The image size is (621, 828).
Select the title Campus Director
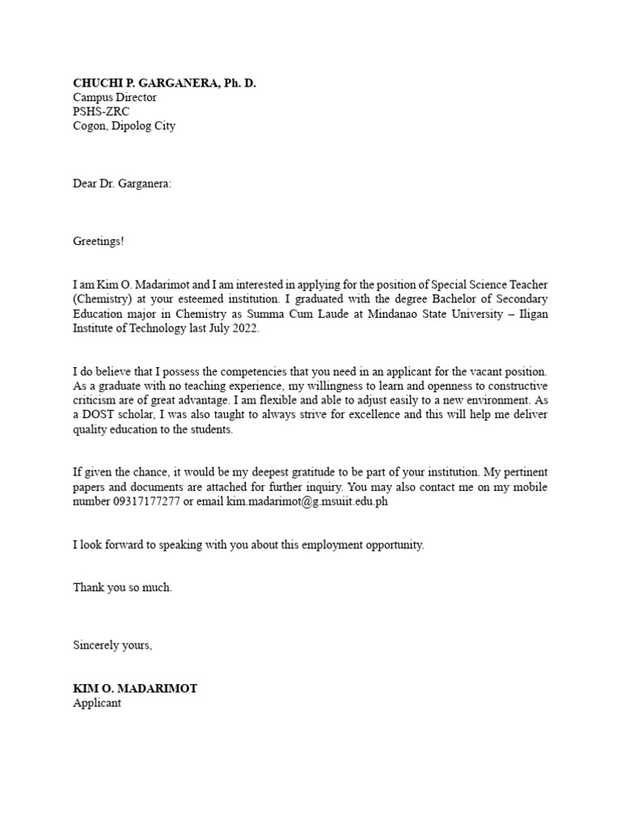click(115, 97)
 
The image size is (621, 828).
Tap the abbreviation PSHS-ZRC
click(101, 112)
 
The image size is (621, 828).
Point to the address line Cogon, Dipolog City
click(124, 126)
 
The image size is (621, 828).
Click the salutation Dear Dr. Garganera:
click(122, 184)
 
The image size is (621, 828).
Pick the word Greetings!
click(99, 241)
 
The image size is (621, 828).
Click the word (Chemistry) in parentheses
click(101, 299)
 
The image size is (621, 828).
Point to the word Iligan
click(530, 314)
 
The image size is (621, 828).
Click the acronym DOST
click(99, 415)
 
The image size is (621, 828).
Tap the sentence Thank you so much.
click(122, 588)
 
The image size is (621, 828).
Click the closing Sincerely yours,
click(112, 645)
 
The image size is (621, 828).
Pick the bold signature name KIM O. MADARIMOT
click(135, 689)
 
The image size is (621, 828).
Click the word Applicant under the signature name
click(97, 703)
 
